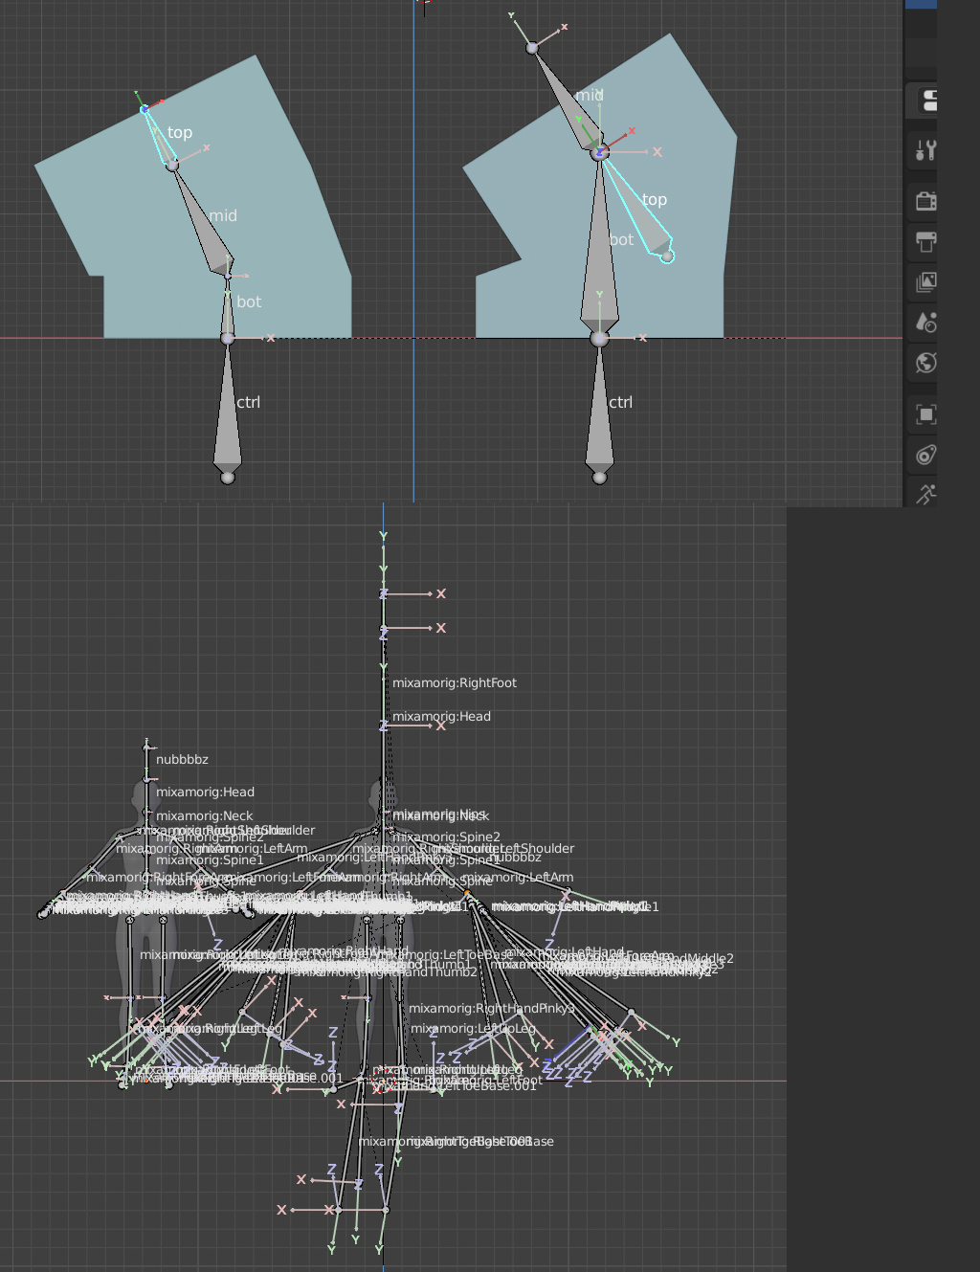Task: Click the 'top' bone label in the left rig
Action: coord(180,133)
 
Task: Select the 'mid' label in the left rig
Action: coord(223,216)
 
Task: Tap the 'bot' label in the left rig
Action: coord(249,302)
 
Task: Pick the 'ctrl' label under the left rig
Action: coord(248,403)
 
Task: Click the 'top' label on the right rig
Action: coord(655,200)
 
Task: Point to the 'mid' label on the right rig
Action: coord(590,96)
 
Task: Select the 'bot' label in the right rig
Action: coord(621,240)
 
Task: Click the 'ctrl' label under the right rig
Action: coord(620,403)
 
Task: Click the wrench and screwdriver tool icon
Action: coord(925,150)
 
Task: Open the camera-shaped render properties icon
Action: coord(925,201)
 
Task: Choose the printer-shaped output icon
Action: coord(925,241)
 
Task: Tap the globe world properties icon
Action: coord(925,363)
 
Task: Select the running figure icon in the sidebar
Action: coord(925,494)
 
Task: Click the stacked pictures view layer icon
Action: coord(925,282)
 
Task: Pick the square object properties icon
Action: coord(925,414)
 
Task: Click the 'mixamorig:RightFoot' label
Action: coord(455,683)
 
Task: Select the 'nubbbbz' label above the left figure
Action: coord(182,760)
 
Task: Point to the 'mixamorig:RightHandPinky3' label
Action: coord(492,1009)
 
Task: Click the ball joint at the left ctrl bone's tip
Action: coord(228,478)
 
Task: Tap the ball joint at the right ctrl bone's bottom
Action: coord(599,478)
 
